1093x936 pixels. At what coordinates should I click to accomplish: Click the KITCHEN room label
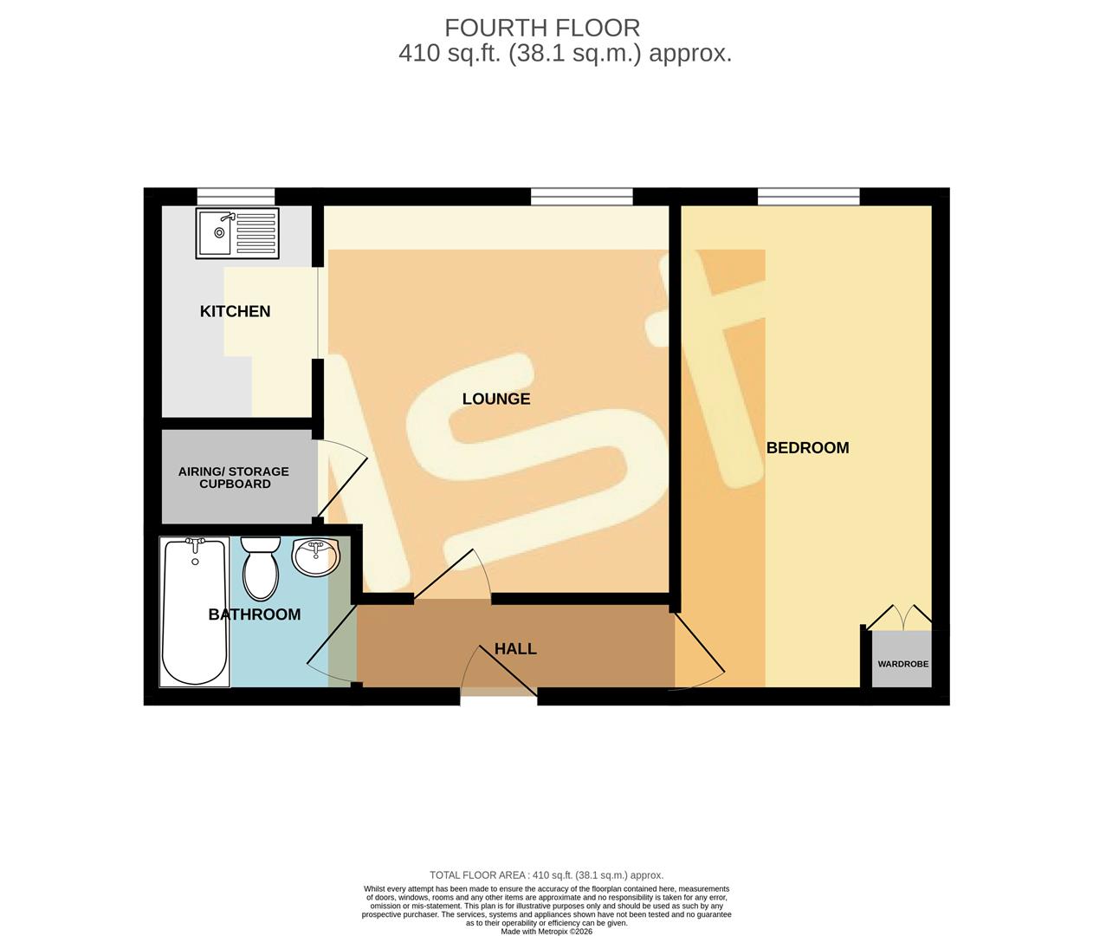(x=235, y=311)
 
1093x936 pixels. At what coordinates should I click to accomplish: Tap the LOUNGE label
(x=495, y=399)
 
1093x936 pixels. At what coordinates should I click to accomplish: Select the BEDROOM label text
(x=807, y=448)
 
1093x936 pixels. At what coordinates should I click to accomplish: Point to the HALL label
(x=515, y=648)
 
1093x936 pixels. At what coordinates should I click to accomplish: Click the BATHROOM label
(x=255, y=614)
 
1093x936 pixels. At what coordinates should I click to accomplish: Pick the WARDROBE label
(x=902, y=664)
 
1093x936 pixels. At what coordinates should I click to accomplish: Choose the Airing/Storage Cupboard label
(x=234, y=478)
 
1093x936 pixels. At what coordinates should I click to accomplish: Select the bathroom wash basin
(x=317, y=557)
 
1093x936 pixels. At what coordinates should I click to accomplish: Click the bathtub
(x=196, y=612)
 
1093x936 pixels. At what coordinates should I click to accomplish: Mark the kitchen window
(x=236, y=196)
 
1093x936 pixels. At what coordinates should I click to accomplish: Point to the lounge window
(x=581, y=196)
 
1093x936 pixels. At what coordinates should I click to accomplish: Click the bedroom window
(x=808, y=196)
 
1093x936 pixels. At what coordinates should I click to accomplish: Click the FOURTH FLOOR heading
(x=542, y=28)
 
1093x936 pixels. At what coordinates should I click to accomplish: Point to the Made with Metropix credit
(x=546, y=932)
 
